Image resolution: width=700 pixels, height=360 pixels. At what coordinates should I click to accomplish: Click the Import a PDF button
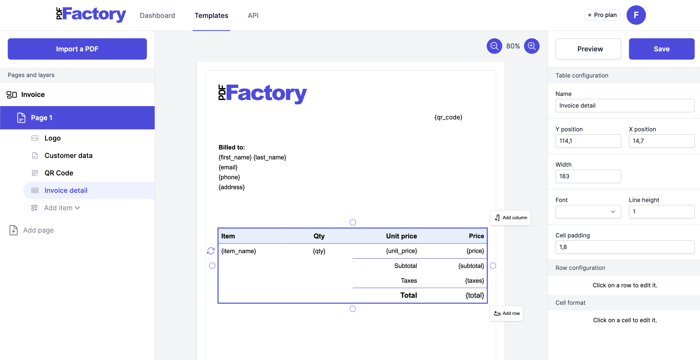(x=77, y=49)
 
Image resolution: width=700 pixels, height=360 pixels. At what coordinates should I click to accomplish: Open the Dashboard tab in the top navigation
(x=157, y=16)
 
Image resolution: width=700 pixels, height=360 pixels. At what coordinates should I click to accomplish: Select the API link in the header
(x=253, y=16)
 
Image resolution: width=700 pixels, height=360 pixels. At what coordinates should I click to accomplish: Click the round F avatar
(x=636, y=15)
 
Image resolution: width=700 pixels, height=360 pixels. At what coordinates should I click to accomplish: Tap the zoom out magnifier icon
(x=494, y=46)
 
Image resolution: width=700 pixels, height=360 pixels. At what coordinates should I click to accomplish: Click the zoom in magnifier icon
(x=532, y=46)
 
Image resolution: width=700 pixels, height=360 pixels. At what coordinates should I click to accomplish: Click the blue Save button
(x=661, y=49)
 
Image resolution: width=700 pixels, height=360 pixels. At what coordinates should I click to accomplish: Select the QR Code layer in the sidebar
(x=59, y=173)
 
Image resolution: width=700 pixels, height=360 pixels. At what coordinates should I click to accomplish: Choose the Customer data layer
(x=69, y=156)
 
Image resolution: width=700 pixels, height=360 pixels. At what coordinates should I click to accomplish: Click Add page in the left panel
(x=38, y=230)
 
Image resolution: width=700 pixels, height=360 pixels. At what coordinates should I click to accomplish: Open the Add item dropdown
(x=62, y=208)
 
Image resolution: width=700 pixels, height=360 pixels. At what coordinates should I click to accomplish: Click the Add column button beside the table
(x=510, y=218)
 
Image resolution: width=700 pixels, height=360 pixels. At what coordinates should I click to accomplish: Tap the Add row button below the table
(x=507, y=313)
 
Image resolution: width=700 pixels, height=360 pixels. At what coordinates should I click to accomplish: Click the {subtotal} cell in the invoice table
(x=471, y=266)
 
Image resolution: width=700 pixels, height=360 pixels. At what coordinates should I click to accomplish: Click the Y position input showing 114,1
(x=588, y=141)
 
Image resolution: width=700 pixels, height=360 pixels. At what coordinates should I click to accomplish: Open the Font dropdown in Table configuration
(x=588, y=212)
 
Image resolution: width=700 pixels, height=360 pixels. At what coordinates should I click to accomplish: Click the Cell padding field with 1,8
(x=625, y=247)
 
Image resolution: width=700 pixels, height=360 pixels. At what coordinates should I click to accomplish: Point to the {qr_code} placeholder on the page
(x=448, y=117)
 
